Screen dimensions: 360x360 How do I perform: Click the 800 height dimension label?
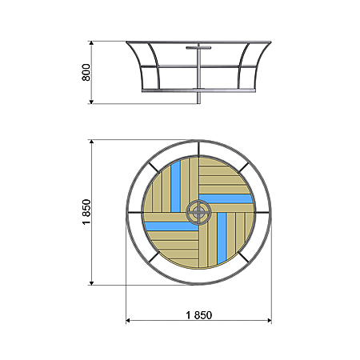pos(86,72)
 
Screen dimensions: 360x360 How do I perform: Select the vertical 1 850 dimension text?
pos(86,212)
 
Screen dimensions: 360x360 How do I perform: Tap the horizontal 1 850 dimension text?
pos(199,315)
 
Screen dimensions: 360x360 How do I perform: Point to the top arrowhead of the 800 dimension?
pos(91,43)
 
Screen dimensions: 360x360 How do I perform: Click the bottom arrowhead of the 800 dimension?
pos(91,102)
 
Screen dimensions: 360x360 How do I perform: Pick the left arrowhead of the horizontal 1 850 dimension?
pos(128,320)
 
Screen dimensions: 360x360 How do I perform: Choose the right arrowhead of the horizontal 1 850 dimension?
pos(270,320)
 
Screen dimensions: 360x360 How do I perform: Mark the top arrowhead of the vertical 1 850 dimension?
pos(91,142)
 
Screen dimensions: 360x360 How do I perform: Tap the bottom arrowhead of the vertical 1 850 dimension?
pos(91,283)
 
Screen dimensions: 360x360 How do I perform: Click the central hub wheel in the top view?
pos(198,212)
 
